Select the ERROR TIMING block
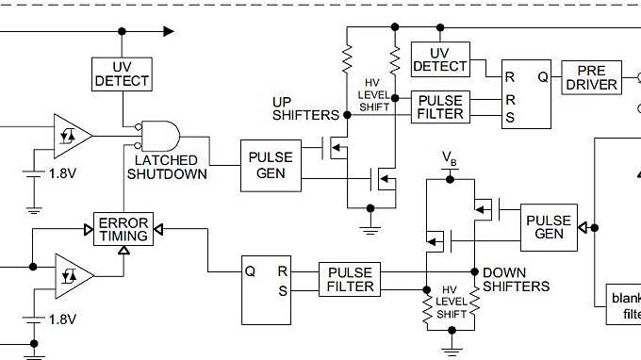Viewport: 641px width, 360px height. (x=123, y=229)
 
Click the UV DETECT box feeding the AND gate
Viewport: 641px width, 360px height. (x=122, y=74)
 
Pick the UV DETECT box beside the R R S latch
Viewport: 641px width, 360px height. (x=439, y=59)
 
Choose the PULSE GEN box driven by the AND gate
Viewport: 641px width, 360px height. (x=271, y=165)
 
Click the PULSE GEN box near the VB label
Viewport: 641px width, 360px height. (x=549, y=227)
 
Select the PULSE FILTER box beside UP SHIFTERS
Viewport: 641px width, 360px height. (x=440, y=106)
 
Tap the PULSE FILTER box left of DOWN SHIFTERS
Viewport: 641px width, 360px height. (x=351, y=279)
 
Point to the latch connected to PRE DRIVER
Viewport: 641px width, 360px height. (x=527, y=95)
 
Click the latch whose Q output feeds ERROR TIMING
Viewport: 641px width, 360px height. (x=268, y=279)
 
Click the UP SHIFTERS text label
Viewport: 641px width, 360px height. (x=304, y=108)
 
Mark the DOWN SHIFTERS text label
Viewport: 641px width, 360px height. (x=516, y=279)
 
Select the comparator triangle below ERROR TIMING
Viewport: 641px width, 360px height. (x=73, y=273)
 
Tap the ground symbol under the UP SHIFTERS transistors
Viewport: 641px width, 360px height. (x=370, y=227)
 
